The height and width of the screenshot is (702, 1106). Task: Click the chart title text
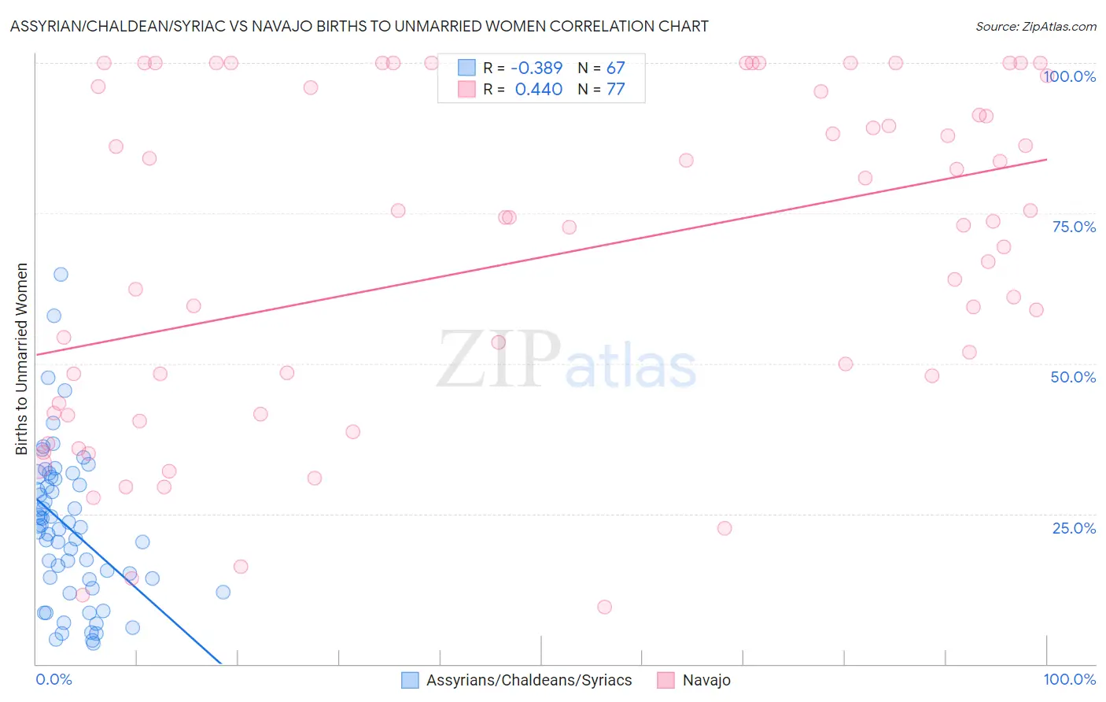click(x=359, y=26)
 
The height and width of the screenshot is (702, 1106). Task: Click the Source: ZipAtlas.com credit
click(x=1035, y=26)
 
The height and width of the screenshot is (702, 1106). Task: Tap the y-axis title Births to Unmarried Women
click(x=21, y=359)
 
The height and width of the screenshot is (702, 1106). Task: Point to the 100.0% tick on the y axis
click(x=1071, y=76)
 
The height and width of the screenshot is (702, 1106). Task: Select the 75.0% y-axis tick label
click(x=1074, y=227)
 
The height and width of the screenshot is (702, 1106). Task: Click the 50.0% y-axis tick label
click(x=1073, y=377)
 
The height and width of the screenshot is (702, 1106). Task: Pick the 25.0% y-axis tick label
click(x=1074, y=527)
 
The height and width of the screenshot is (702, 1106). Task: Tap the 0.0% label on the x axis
click(x=53, y=679)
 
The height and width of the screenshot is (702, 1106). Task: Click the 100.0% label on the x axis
click(x=1069, y=679)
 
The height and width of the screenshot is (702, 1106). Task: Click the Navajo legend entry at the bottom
click(x=706, y=680)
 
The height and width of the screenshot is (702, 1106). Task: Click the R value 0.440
click(x=538, y=90)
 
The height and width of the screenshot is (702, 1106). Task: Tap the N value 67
click(x=615, y=68)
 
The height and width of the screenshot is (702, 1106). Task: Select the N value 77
click(x=615, y=90)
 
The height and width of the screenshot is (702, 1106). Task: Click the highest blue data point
click(x=61, y=275)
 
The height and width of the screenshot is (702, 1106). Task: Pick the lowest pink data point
click(x=604, y=607)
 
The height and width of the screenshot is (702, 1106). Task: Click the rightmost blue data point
click(x=223, y=592)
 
